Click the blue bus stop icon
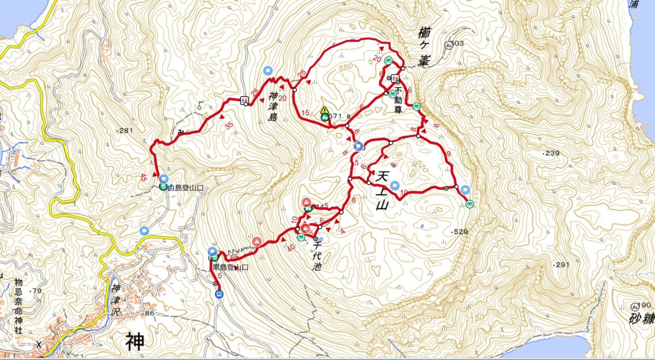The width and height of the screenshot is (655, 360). click(x=219, y=295)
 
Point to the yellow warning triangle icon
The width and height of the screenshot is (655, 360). click(x=324, y=110)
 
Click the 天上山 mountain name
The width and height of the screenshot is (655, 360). click(x=382, y=190)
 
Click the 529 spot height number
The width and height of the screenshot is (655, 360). click(x=461, y=233)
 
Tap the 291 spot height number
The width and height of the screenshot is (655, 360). click(x=562, y=265)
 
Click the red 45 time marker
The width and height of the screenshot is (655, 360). click(x=144, y=177)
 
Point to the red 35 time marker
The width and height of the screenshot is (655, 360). click(x=229, y=125)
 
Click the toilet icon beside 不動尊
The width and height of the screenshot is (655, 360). click(x=394, y=77)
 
